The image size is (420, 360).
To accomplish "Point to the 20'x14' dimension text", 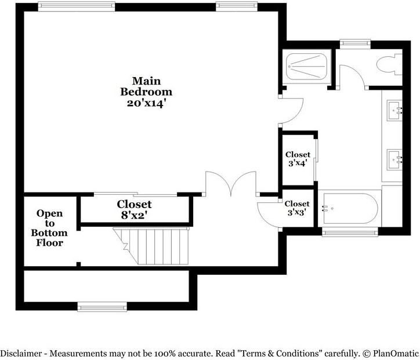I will (146, 103).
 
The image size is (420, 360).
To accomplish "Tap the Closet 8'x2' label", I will (134, 209).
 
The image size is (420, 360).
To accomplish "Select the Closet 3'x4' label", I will (297, 159).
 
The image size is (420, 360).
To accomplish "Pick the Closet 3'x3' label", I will (297, 208).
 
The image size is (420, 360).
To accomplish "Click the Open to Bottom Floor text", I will (49, 228).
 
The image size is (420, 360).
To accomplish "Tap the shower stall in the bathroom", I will (306, 67).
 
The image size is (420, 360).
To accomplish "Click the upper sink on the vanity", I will (396, 109).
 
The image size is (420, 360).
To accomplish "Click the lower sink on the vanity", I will (396, 157).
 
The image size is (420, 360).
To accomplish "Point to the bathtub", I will (351, 208).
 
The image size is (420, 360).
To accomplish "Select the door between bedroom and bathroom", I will (292, 111).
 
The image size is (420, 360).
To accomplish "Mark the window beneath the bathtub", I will (350, 232).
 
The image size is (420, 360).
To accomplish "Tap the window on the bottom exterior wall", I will (102, 307).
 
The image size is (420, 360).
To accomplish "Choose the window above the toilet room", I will (354, 42).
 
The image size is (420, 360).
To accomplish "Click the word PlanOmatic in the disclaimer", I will (395, 353).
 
